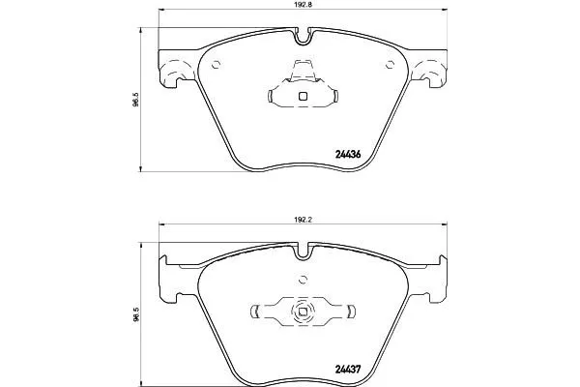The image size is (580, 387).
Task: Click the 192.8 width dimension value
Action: (x=303, y=4)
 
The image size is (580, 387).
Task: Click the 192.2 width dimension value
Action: (x=304, y=220)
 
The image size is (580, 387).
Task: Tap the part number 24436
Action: (x=348, y=155)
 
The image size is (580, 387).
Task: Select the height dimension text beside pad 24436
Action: (x=135, y=100)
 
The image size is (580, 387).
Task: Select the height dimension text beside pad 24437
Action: (x=135, y=314)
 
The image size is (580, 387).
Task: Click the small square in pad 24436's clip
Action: (x=303, y=97)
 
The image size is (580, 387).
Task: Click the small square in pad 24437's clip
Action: (x=303, y=312)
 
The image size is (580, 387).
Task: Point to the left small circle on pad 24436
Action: (x=216, y=65)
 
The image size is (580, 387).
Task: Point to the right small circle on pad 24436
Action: (x=390, y=65)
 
